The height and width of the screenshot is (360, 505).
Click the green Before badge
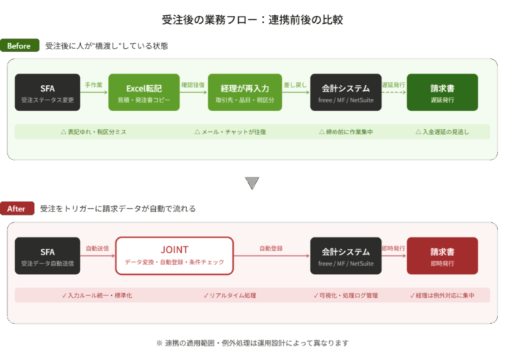coord(19,46)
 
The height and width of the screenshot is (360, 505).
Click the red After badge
coord(19,208)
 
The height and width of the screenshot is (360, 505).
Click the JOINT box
coord(175,255)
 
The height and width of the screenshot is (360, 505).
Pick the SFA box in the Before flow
coord(48,92)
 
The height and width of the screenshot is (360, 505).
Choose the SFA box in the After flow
coord(48,255)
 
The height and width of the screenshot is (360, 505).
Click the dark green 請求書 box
coord(442,92)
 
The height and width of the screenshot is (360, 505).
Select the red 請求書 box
coord(442,255)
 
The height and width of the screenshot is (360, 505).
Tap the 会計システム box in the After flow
coord(346,255)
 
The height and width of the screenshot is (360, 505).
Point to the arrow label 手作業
coord(94,84)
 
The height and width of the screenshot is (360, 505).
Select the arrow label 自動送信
coord(97,247)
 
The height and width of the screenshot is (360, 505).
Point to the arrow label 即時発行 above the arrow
coord(393,247)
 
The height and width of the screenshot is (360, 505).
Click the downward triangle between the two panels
coord(252,183)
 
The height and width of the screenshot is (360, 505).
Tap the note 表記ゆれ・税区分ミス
coord(94,132)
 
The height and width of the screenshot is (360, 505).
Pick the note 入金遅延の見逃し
coord(442,132)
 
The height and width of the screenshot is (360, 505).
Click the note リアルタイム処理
coord(229,295)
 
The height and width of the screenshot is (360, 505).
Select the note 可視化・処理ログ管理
coord(346,295)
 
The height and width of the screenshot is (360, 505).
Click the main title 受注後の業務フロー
coord(252,19)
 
